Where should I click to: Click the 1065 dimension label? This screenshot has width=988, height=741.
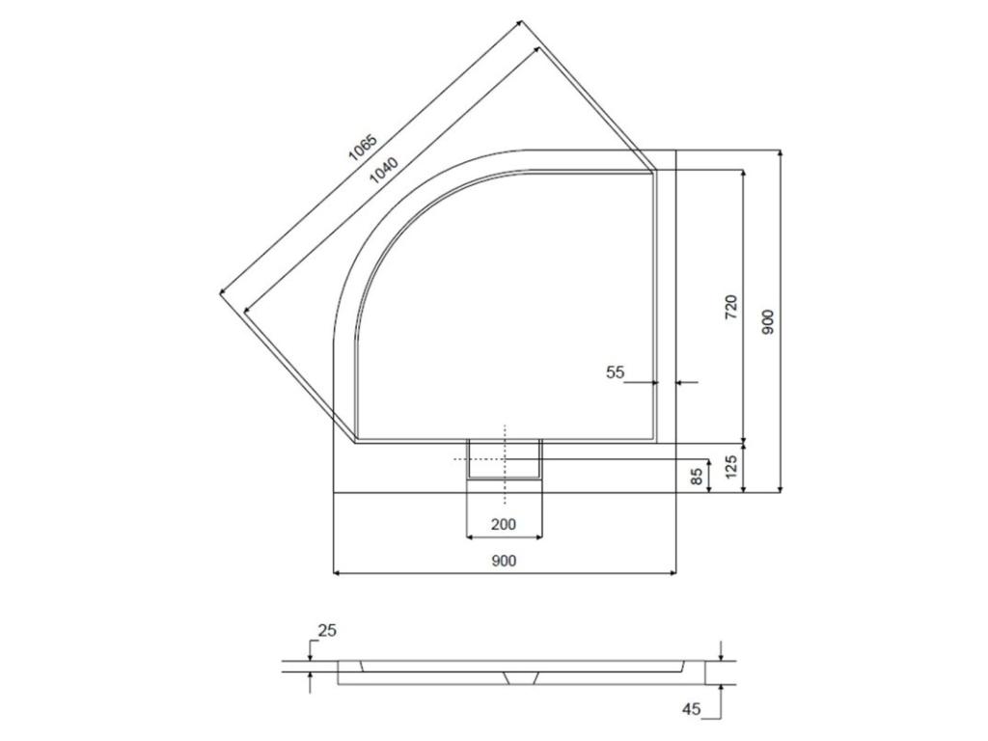[364, 149]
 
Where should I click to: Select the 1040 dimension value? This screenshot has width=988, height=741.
[384, 170]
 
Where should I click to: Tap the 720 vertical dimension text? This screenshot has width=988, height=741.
[731, 306]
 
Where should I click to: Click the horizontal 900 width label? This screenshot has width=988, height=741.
[504, 561]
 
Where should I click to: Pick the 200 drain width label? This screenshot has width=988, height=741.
[504, 524]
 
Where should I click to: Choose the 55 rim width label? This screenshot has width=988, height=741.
[615, 372]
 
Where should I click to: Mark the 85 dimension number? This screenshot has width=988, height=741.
[697, 477]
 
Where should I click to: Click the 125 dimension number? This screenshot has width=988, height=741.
[731, 467]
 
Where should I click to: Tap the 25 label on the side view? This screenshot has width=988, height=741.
[328, 630]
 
